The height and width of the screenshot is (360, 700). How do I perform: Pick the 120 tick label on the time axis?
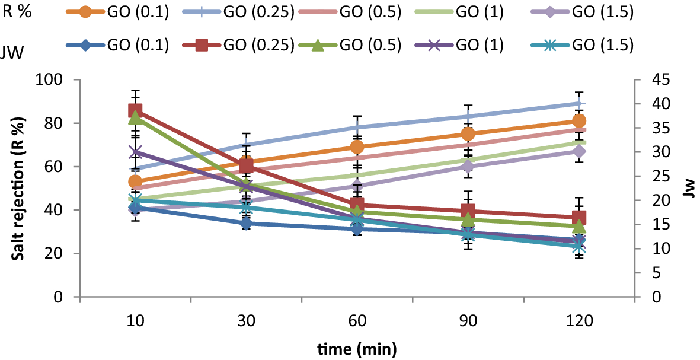[x=579, y=321]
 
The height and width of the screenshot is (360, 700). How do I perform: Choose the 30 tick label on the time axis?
[x=246, y=321]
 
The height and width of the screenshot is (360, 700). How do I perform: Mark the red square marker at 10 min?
[x=135, y=111]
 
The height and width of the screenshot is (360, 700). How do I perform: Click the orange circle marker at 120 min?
[x=579, y=121]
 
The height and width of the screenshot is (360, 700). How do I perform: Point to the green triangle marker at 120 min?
[x=579, y=227]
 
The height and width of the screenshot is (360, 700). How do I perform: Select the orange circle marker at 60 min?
[x=357, y=147]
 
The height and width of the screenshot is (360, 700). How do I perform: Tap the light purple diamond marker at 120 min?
[x=579, y=151]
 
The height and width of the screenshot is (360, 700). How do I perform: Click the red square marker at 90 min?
[x=468, y=211]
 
